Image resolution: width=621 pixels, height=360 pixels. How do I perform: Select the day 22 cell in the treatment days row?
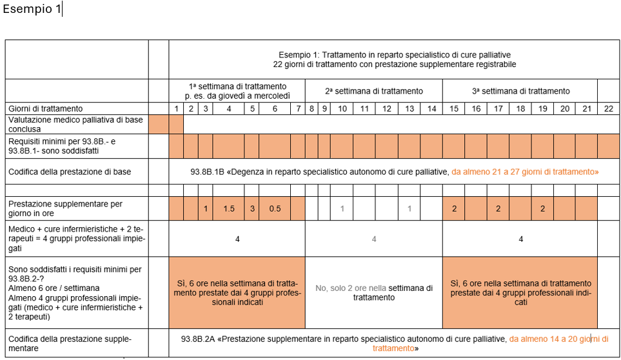608,108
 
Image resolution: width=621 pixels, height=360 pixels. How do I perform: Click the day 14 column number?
431,108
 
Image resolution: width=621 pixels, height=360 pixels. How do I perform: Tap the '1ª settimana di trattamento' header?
237,90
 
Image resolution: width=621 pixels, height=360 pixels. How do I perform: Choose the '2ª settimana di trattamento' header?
373,91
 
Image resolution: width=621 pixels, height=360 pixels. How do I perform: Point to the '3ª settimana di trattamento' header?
519,91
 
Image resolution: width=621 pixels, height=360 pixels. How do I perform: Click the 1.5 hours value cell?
228,209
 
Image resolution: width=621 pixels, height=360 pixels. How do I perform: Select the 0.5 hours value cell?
275,209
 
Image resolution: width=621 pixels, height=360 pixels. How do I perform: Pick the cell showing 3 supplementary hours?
252,209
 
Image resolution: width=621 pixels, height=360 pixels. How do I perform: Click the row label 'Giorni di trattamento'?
46,108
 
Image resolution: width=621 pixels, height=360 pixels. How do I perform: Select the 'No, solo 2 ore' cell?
373,293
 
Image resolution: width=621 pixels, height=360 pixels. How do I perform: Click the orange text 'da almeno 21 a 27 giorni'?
525,172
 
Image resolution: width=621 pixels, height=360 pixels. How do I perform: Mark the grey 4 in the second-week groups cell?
373,239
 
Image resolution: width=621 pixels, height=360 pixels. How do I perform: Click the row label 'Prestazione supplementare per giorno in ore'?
65,208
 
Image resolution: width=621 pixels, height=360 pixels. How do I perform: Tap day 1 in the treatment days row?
176,108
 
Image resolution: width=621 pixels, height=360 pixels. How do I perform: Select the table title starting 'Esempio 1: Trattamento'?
394,59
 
